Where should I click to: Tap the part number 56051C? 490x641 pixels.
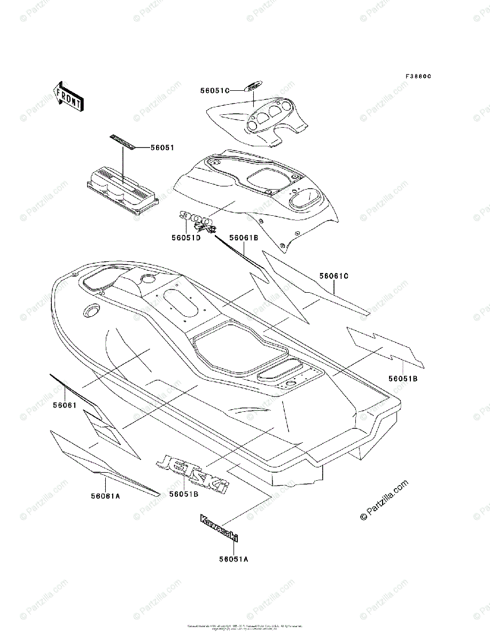[x=215, y=91]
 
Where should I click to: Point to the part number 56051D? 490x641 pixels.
[x=186, y=238]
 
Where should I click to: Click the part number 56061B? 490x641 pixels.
[x=244, y=238]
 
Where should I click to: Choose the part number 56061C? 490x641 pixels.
[x=334, y=276]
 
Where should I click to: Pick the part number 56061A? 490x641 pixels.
[x=105, y=496]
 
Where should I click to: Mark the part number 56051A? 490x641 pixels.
[x=234, y=559]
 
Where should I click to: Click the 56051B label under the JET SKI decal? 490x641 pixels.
[x=184, y=495]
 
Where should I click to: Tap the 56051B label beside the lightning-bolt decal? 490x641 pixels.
[x=403, y=379]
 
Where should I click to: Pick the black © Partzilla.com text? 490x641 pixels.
[x=384, y=500]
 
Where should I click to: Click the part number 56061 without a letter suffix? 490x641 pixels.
[x=65, y=406]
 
